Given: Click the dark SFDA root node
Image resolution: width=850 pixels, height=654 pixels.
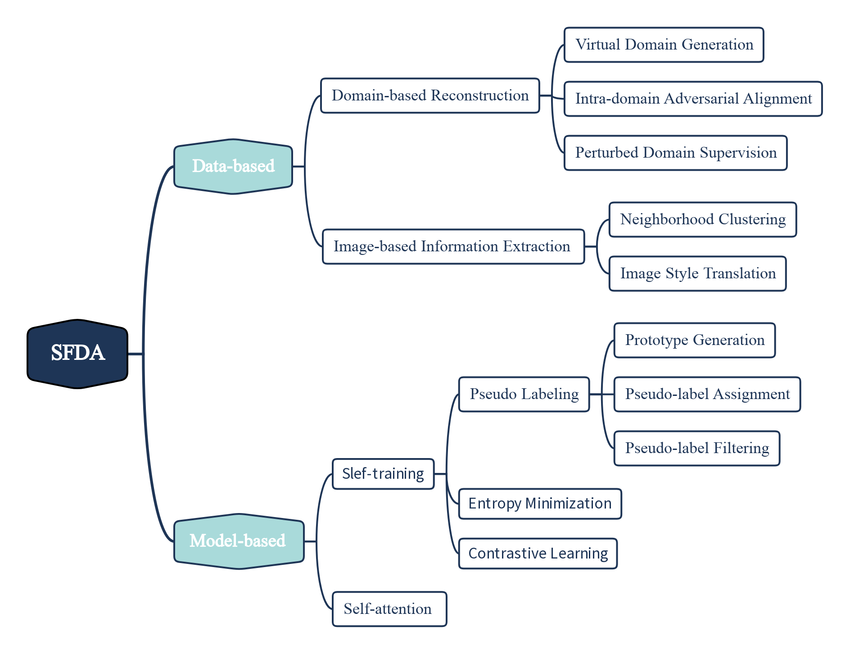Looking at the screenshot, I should pyautogui.click(x=77, y=354).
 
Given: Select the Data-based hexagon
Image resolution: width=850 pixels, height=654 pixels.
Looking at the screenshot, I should pyautogui.click(x=233, y=166).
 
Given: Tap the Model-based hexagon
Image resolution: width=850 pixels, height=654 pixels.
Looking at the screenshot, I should pyautogui.click(x=239, y=541).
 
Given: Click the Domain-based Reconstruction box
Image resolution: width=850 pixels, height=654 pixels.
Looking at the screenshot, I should pyautogui.click(x=430, y=95).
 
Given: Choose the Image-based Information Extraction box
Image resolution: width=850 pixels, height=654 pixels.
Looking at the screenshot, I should pyautogui.click(x=453, y=246).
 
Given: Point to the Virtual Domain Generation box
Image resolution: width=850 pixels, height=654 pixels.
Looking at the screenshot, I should pyautogui.click(x=664, y=45).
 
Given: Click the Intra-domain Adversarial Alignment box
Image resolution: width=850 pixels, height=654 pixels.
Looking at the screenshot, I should pyautogui.click(x=693, y=99).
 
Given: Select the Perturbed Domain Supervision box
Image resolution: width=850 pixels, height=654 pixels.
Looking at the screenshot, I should pyautogui.click(x=675, y=153).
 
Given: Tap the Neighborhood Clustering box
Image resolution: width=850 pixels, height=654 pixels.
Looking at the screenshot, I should pyautogui.click(x=702, y=219).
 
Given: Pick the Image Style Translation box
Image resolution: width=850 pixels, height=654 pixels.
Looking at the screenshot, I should pyautogui.click(x=697, y=273).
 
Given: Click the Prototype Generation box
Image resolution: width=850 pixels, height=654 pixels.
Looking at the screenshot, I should pyautogui.click(x=694, y=340).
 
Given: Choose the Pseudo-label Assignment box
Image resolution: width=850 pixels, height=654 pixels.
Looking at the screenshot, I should pyautogui.click(x=707, y=394).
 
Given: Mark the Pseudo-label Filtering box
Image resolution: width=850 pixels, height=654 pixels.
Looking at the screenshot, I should pyautogui.click(x=696, y=448).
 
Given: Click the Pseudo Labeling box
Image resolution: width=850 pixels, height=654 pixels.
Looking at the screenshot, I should pyautogui.click(x=524, y=394).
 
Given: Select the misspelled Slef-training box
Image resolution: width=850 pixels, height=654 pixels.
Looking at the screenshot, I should pyautogui.click(x=383, y=474).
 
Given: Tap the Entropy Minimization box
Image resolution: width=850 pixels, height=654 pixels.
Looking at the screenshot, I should pyautogui.click(x=540, y=504).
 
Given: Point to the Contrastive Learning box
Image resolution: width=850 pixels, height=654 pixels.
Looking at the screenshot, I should pyautogui.click(x=538, y=553).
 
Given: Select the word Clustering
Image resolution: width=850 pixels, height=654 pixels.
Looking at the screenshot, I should pyautogui.click(x=752, y=219).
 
